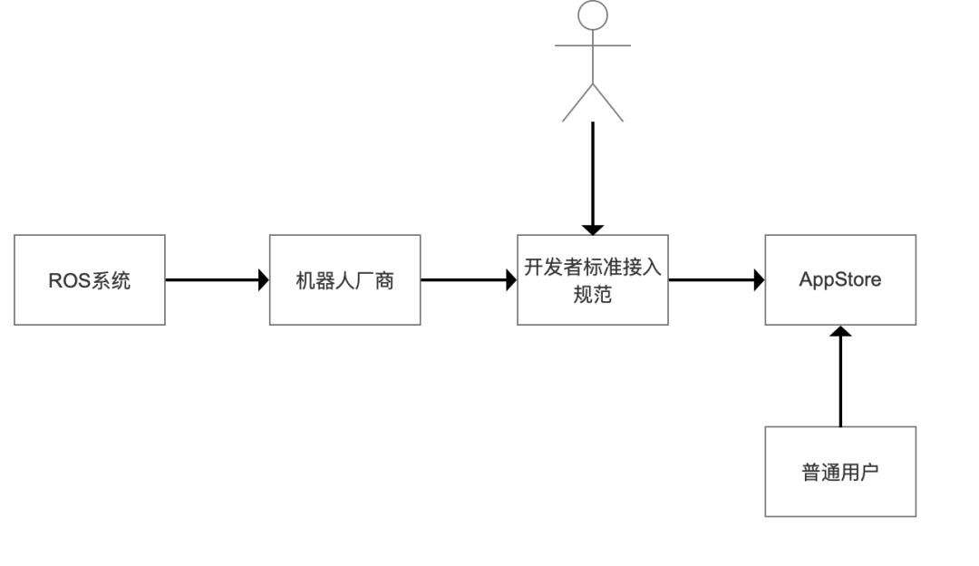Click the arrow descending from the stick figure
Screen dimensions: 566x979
click(592, 172)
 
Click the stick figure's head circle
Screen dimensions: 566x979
click(593, 15)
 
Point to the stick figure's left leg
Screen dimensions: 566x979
click(577, 102)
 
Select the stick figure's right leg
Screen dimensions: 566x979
click(608, 102)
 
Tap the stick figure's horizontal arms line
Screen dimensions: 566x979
click(593, 44)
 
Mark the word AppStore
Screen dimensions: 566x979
click(839, 279)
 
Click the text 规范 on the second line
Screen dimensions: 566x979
click(592, 294)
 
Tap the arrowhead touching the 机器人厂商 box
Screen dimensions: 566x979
click(264, 279)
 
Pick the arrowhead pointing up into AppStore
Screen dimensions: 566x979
click(840, 332)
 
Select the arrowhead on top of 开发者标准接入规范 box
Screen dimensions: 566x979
click(592, 229)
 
